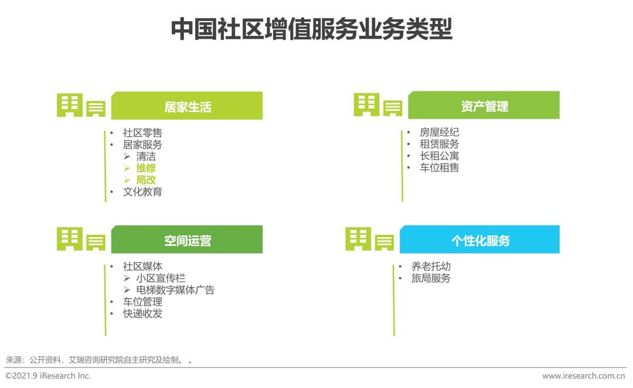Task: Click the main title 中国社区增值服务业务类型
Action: point(312,29)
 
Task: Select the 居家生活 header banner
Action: point(187,106)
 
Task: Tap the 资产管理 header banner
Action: point(484,105)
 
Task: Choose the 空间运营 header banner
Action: point(187,239)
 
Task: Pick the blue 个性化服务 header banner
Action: point(479,239)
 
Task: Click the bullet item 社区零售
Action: point(142,133)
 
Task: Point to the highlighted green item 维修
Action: point(146,168)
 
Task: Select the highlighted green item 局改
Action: point(146,180)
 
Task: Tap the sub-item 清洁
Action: point(146,156)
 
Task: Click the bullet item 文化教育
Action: point(142,192)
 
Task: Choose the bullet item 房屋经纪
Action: point(439,132)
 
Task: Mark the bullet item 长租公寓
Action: point(439,156)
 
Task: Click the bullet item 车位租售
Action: point(439,167)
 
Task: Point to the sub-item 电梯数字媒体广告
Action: point(175,290)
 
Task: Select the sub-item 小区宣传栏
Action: point(161,278)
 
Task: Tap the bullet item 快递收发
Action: point(142,313)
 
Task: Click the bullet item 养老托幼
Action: point(431,266)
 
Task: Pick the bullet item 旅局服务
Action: point(431,278)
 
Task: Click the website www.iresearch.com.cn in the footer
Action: point(583,376)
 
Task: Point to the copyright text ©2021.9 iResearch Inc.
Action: point(48,376)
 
